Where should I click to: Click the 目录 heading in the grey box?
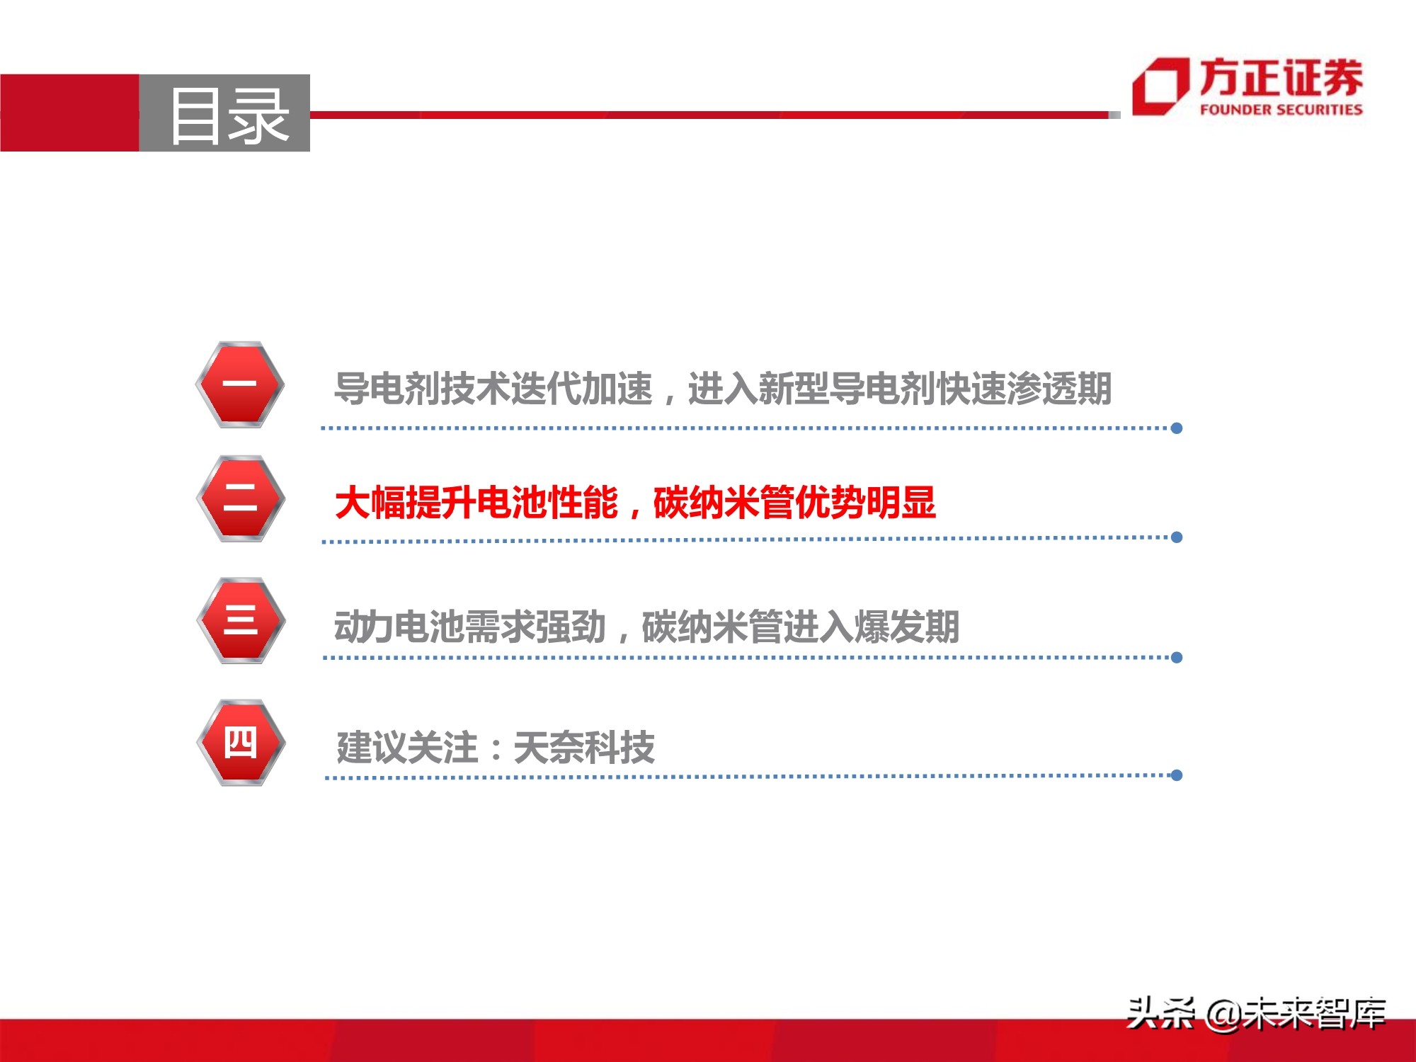pos(228,115)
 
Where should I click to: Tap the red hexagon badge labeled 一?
pos(240,384)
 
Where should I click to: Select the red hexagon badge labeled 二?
pos(240,498)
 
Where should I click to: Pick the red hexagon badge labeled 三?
pos(241,620)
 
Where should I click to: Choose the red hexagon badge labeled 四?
pos(241,743)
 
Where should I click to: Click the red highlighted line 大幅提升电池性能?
pos(476,503)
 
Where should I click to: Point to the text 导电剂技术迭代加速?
pos(493,389)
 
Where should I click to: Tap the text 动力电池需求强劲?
pos(469,627)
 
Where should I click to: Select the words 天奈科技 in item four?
pos(584,748)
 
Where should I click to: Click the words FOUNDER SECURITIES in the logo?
pos(1281,110)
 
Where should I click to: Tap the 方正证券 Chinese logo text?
pos(1281,78)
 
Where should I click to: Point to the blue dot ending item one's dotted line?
pos(1177,428)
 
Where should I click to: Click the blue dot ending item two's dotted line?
pos(1177,537)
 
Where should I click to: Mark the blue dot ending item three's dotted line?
pos(1177,658)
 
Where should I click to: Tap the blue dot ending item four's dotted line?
pos(1177,775)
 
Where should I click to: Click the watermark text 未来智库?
pos(1314,1013)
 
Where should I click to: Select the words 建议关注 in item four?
pos(407,748)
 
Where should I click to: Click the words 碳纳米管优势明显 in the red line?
pos(794,503)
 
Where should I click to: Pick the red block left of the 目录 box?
pos(69,113)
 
